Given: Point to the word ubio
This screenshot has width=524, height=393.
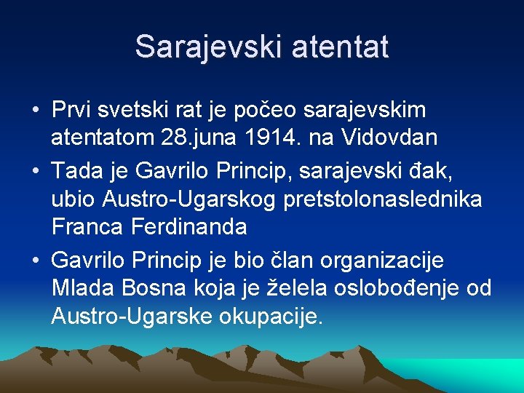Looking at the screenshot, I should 75,199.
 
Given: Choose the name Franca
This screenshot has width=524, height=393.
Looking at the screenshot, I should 89,226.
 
